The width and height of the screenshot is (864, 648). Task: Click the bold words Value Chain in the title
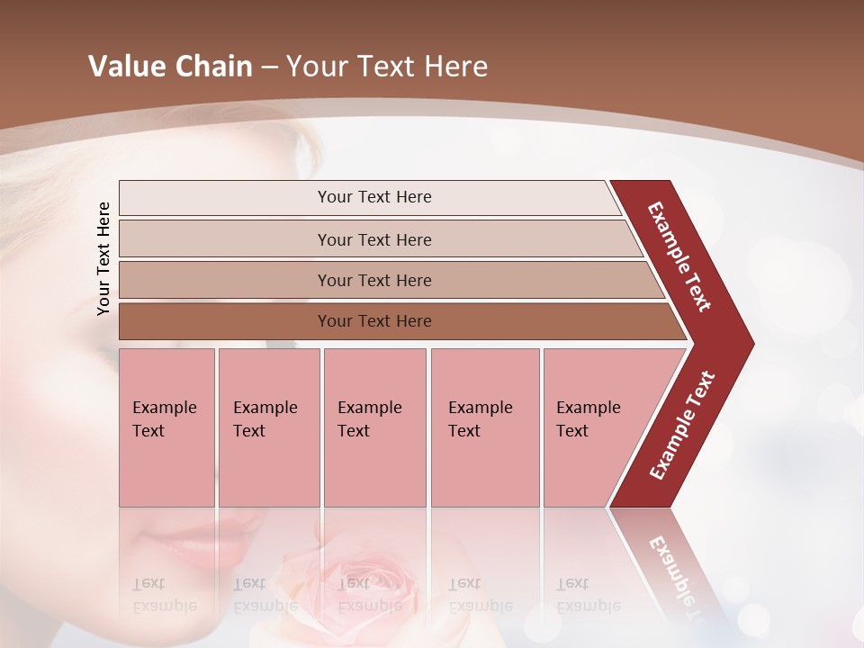point(170,67)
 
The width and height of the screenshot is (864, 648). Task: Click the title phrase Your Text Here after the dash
point(387,67)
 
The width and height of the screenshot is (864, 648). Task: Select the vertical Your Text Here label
point(104,258)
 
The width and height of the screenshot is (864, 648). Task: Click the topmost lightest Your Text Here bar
point(373,197)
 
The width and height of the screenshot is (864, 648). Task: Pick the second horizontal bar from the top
point(373,239)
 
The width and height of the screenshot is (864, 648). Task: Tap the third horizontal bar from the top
point(373,280)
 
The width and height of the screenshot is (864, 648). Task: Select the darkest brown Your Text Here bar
point(373,321)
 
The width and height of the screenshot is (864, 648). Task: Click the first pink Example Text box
point(166,427)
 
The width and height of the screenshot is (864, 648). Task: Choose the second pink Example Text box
point(268,427)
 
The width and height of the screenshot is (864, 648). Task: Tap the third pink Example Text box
point(374,427)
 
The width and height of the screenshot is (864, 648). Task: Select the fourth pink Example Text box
point(484,427)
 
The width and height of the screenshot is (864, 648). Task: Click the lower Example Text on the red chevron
point(682,425)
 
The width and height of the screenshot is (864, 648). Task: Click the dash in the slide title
point(269,67)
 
